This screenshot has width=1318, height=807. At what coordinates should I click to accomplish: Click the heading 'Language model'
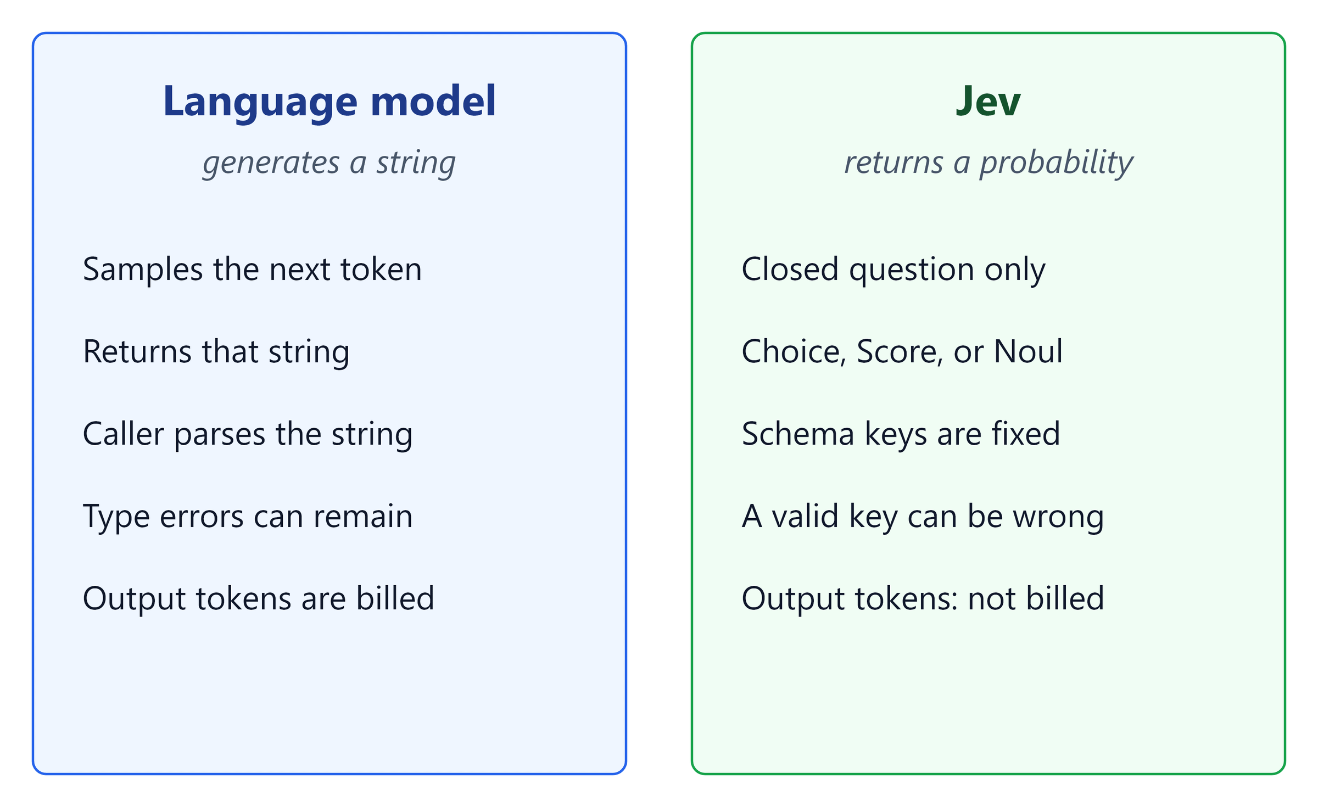(329, 102)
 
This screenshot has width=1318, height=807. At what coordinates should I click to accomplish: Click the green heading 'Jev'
(988, 102)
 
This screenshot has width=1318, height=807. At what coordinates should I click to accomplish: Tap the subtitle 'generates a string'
(329, 163)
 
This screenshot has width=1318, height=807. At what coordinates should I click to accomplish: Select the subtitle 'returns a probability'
(988, 163)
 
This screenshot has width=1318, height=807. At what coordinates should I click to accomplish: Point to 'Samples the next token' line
(253, 270)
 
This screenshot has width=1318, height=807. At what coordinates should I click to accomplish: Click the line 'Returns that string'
(216, 352)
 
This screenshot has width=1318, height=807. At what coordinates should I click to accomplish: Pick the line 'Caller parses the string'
(248, 434)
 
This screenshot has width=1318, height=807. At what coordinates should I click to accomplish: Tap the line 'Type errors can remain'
(248, 517)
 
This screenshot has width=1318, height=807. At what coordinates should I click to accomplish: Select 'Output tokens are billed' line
(259, 598)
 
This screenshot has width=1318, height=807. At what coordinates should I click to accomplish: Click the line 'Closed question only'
(893, 270)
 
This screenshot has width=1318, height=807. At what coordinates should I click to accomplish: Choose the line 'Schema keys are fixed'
(901, 434)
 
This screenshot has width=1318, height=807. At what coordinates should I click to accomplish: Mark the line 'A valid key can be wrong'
(923, 517)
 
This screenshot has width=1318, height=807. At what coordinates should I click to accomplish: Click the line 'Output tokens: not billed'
(923, 598)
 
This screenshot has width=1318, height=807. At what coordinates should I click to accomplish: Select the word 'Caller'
(124, 434)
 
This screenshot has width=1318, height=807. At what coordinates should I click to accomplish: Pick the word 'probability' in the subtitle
(1057, 163)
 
